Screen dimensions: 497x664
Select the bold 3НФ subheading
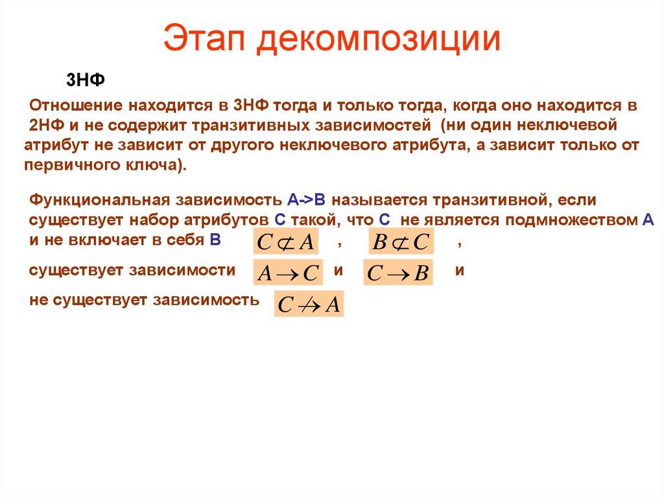click(x=85, y=80)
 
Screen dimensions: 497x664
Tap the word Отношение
click(x=75, y=105)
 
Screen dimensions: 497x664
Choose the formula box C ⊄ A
click(x=285, y=242)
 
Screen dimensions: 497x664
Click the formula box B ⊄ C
click(x=401, y=242)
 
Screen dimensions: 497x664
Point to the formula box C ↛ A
click(x=308, y=305)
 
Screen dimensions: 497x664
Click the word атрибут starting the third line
click(x=52, y=144)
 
